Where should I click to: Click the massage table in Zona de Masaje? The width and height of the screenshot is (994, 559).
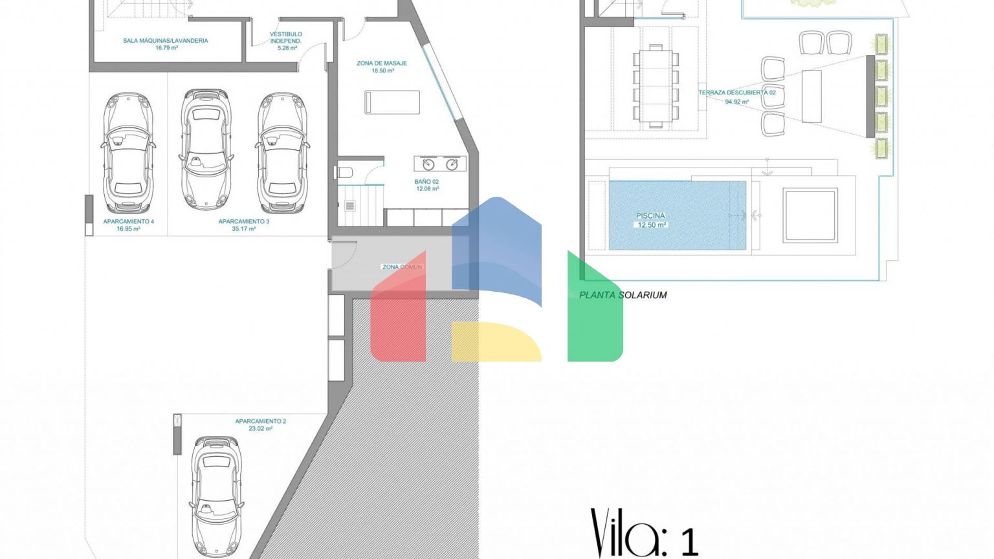[392, 102]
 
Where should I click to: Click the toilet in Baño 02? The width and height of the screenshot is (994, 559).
[344, 172]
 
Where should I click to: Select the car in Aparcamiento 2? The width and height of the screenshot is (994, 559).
[217, 496]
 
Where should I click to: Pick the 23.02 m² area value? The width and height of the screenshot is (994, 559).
[261, 428]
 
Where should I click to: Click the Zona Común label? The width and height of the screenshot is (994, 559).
[402, 267]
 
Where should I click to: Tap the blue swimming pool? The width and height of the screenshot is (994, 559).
[677, 215]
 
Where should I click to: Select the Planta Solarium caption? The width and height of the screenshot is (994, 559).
[623, 295]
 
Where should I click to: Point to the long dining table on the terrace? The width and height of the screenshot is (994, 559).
[656, 86]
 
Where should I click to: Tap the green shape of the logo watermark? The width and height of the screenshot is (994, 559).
[595, 311]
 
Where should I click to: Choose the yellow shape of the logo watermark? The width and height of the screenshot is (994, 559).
[496, 342]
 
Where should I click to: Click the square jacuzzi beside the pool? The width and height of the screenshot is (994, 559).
[810, 215]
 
